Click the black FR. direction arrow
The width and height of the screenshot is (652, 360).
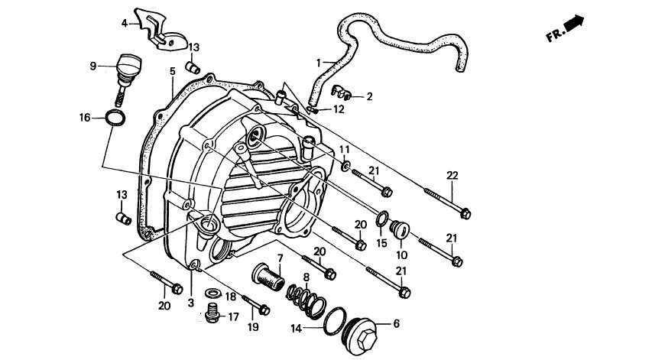point(575,22)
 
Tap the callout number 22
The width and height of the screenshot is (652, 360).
point(452,176)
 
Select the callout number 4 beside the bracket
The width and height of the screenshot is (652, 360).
point(125,23)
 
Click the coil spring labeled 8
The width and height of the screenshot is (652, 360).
point(306,301)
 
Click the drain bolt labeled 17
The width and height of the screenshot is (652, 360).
point(213,313)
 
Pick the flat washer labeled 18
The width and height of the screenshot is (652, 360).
point(213,294)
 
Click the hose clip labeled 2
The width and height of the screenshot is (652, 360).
point(342,92)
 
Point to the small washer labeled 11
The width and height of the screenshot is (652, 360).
point(345,167)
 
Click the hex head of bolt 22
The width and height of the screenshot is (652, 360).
point(465,214)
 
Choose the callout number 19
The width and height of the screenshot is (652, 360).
point(253,327)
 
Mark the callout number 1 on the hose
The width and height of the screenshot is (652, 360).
point(319,63)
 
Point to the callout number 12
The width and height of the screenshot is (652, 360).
point(339,109)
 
